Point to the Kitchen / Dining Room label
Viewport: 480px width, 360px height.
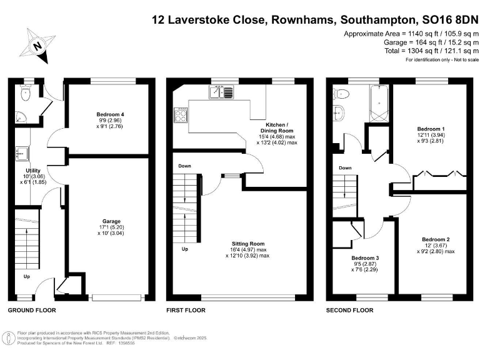[277, 129]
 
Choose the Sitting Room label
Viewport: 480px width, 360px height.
[248, 244]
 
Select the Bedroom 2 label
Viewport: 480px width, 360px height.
[436, 239]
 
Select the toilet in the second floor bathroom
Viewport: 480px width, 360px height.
[342, 94]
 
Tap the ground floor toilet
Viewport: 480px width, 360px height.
[26, 94]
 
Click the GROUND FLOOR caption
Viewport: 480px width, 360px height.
[31, 310]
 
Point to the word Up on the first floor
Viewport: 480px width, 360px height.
[184, 249]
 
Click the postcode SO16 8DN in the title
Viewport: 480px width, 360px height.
[441, 20]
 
